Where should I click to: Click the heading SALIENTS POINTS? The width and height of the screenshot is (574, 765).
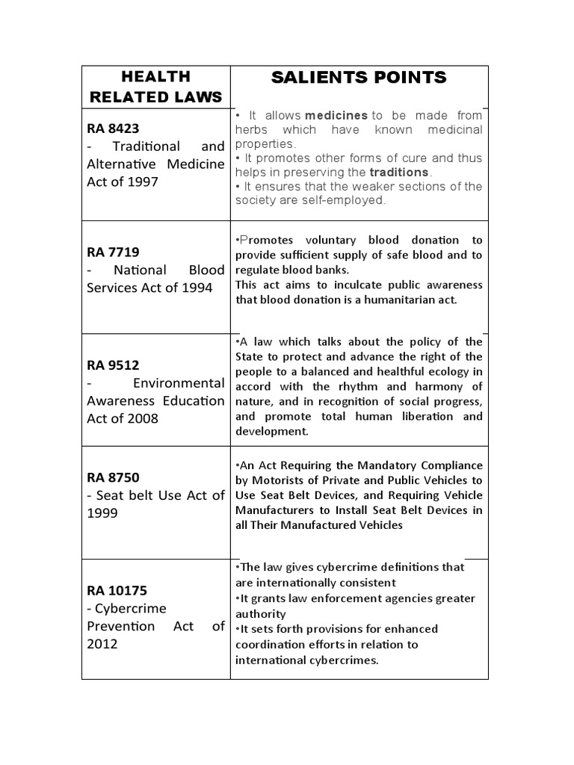click(358, 77)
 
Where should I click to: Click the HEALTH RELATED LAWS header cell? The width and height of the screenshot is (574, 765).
click(155, 86)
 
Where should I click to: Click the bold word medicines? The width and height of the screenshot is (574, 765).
click(336, 115)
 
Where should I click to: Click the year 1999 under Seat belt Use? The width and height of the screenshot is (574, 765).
click(102, 513)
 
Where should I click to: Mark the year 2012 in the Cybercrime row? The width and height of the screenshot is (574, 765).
click(102, 644)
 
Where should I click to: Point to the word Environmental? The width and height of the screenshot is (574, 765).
click(179, 383)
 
